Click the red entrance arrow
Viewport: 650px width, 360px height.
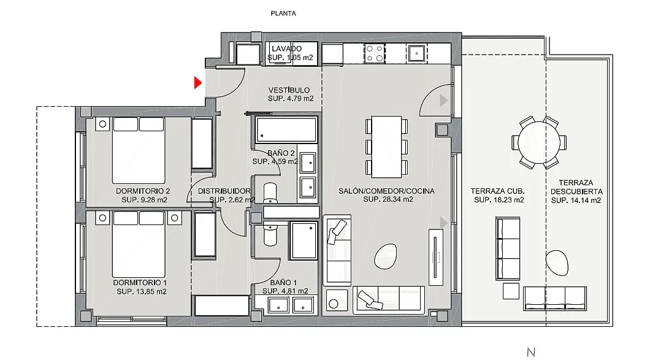coord(197,83)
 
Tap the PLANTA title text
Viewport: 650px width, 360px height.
coord(283,13)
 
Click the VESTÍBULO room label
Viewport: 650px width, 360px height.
coord(289,90)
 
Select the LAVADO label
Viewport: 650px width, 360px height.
coord(287,48)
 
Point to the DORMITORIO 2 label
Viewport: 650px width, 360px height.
coord(143,191)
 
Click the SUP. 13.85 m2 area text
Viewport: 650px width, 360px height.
coord(142,291)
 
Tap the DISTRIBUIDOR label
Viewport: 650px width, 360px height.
coord(224,191)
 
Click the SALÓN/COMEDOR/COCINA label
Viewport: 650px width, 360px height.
coord(387,191)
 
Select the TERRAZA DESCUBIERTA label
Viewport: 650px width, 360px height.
coord(576,187)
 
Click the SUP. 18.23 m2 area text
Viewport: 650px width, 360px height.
coord(499,200)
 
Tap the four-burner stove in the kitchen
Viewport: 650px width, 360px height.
coord(374,53)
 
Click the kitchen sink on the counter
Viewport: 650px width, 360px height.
coord(416,53)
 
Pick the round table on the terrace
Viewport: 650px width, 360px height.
coord(539,143)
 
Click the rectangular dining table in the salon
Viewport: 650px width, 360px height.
coord(386,147)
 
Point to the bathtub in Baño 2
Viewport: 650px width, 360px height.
coord(286,130)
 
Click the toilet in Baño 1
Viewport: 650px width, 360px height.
coord(270,234)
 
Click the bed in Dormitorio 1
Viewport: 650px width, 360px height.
coord(139,244)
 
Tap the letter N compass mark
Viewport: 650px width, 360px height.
coord(531,352)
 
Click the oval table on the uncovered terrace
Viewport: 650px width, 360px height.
coord(557,263)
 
